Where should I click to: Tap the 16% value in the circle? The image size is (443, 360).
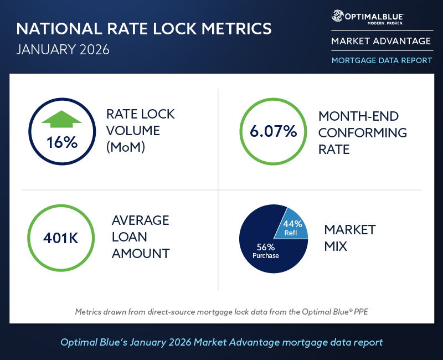coord(61,142)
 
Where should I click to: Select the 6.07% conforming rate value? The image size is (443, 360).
coord(273,132)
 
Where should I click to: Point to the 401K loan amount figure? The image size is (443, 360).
coord(61,239)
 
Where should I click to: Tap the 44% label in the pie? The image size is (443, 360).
coord(292,224)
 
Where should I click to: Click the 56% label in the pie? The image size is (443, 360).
coord(265,247)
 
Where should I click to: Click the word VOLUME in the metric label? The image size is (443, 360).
coord(133,131)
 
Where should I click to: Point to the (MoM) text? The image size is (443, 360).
coord(126,148)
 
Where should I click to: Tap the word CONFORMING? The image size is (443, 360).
coord(363,133)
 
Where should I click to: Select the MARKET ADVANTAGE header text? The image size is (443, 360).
coord(381,41)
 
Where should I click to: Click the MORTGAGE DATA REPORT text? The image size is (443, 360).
coord(382,60)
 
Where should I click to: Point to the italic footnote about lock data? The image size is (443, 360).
coord(221,312)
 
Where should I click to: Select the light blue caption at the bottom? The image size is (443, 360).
coord(221,342)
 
